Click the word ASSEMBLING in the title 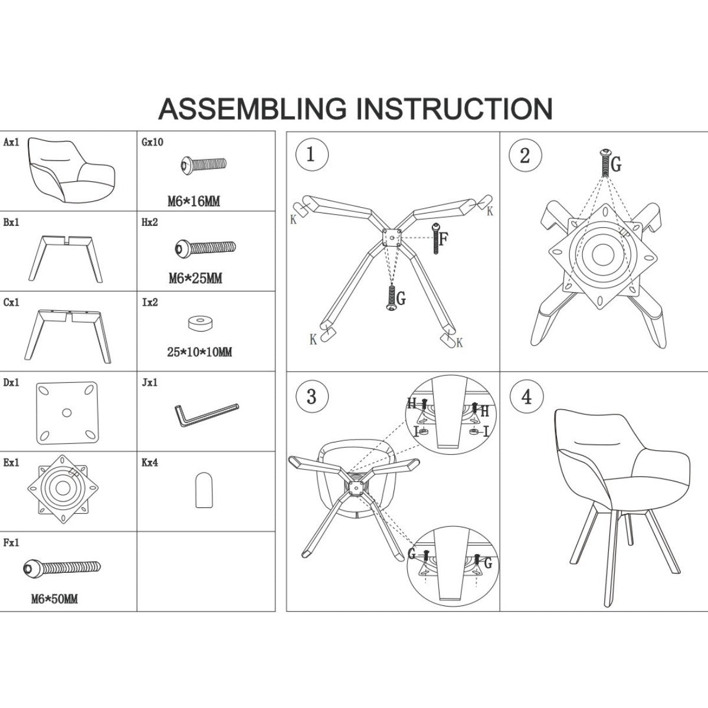coord(252,109)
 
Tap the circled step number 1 coord(312,155)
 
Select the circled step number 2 coord(525,155)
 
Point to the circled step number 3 coord(312,396)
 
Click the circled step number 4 coord(526,396)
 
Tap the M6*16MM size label coord(194,201)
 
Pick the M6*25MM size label coord(195,278)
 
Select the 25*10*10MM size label coord(199,352)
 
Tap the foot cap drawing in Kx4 coord(204,490)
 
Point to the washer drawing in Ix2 coord(201,323)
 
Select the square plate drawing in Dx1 coord(67,412)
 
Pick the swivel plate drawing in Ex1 coord(63,489)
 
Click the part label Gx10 coord(152,142)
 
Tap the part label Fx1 coord(11,543)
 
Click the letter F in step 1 coord(444,239)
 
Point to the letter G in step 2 coord(616,164)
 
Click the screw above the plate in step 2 coord(605,162)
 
